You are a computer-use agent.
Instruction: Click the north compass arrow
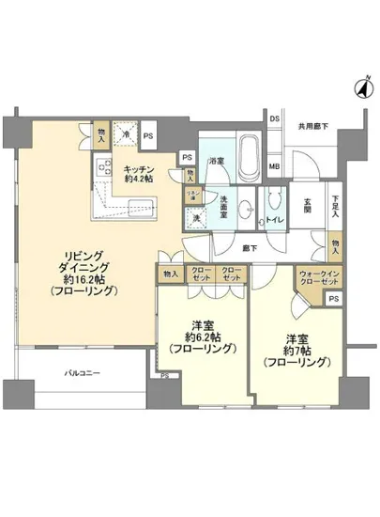[x=359, y=90]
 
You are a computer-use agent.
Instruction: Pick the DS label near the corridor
[x=275, y=119]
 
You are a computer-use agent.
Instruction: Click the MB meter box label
[x=275, y=167]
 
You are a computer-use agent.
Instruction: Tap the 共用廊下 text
[x=312, y=126]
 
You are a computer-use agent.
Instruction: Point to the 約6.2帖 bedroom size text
[x=202, y=337]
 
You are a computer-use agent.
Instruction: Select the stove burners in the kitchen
[x=104, y=170]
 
